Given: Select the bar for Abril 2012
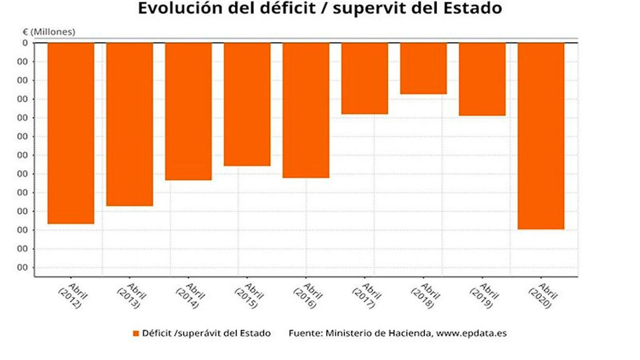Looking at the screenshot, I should (71, 133).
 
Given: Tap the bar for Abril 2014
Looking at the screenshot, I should (188, 111).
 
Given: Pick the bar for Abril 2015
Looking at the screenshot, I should (247, 104).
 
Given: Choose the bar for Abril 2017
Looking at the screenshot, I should (365, 78).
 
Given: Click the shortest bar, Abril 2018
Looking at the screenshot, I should (423, 68).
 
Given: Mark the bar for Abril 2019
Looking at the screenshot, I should (482, 79).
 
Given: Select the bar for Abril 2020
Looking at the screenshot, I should (541, 136).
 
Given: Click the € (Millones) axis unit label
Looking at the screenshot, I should (49, 32).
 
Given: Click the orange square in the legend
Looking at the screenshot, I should (136, 333).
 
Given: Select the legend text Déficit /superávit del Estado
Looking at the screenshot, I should (206, 333).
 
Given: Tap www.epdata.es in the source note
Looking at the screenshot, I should (472, 333).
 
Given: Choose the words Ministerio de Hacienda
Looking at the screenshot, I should (378, 333).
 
